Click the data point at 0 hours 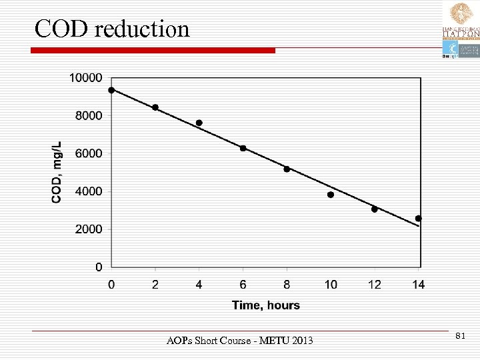point(111,90)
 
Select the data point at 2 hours point(155,107)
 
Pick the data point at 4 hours point(199,123)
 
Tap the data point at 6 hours point(243,148)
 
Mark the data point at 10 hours point(331,195)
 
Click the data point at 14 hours point(419,218)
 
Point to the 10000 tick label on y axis point(86,78)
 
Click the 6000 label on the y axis point(89,153)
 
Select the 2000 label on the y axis point(89,229)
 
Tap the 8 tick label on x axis point(287,285)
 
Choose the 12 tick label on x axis point(375,285)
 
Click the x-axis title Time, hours point(265,305)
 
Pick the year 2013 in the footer point(301,341)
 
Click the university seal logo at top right point(461,13)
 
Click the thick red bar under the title point(153,51)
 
